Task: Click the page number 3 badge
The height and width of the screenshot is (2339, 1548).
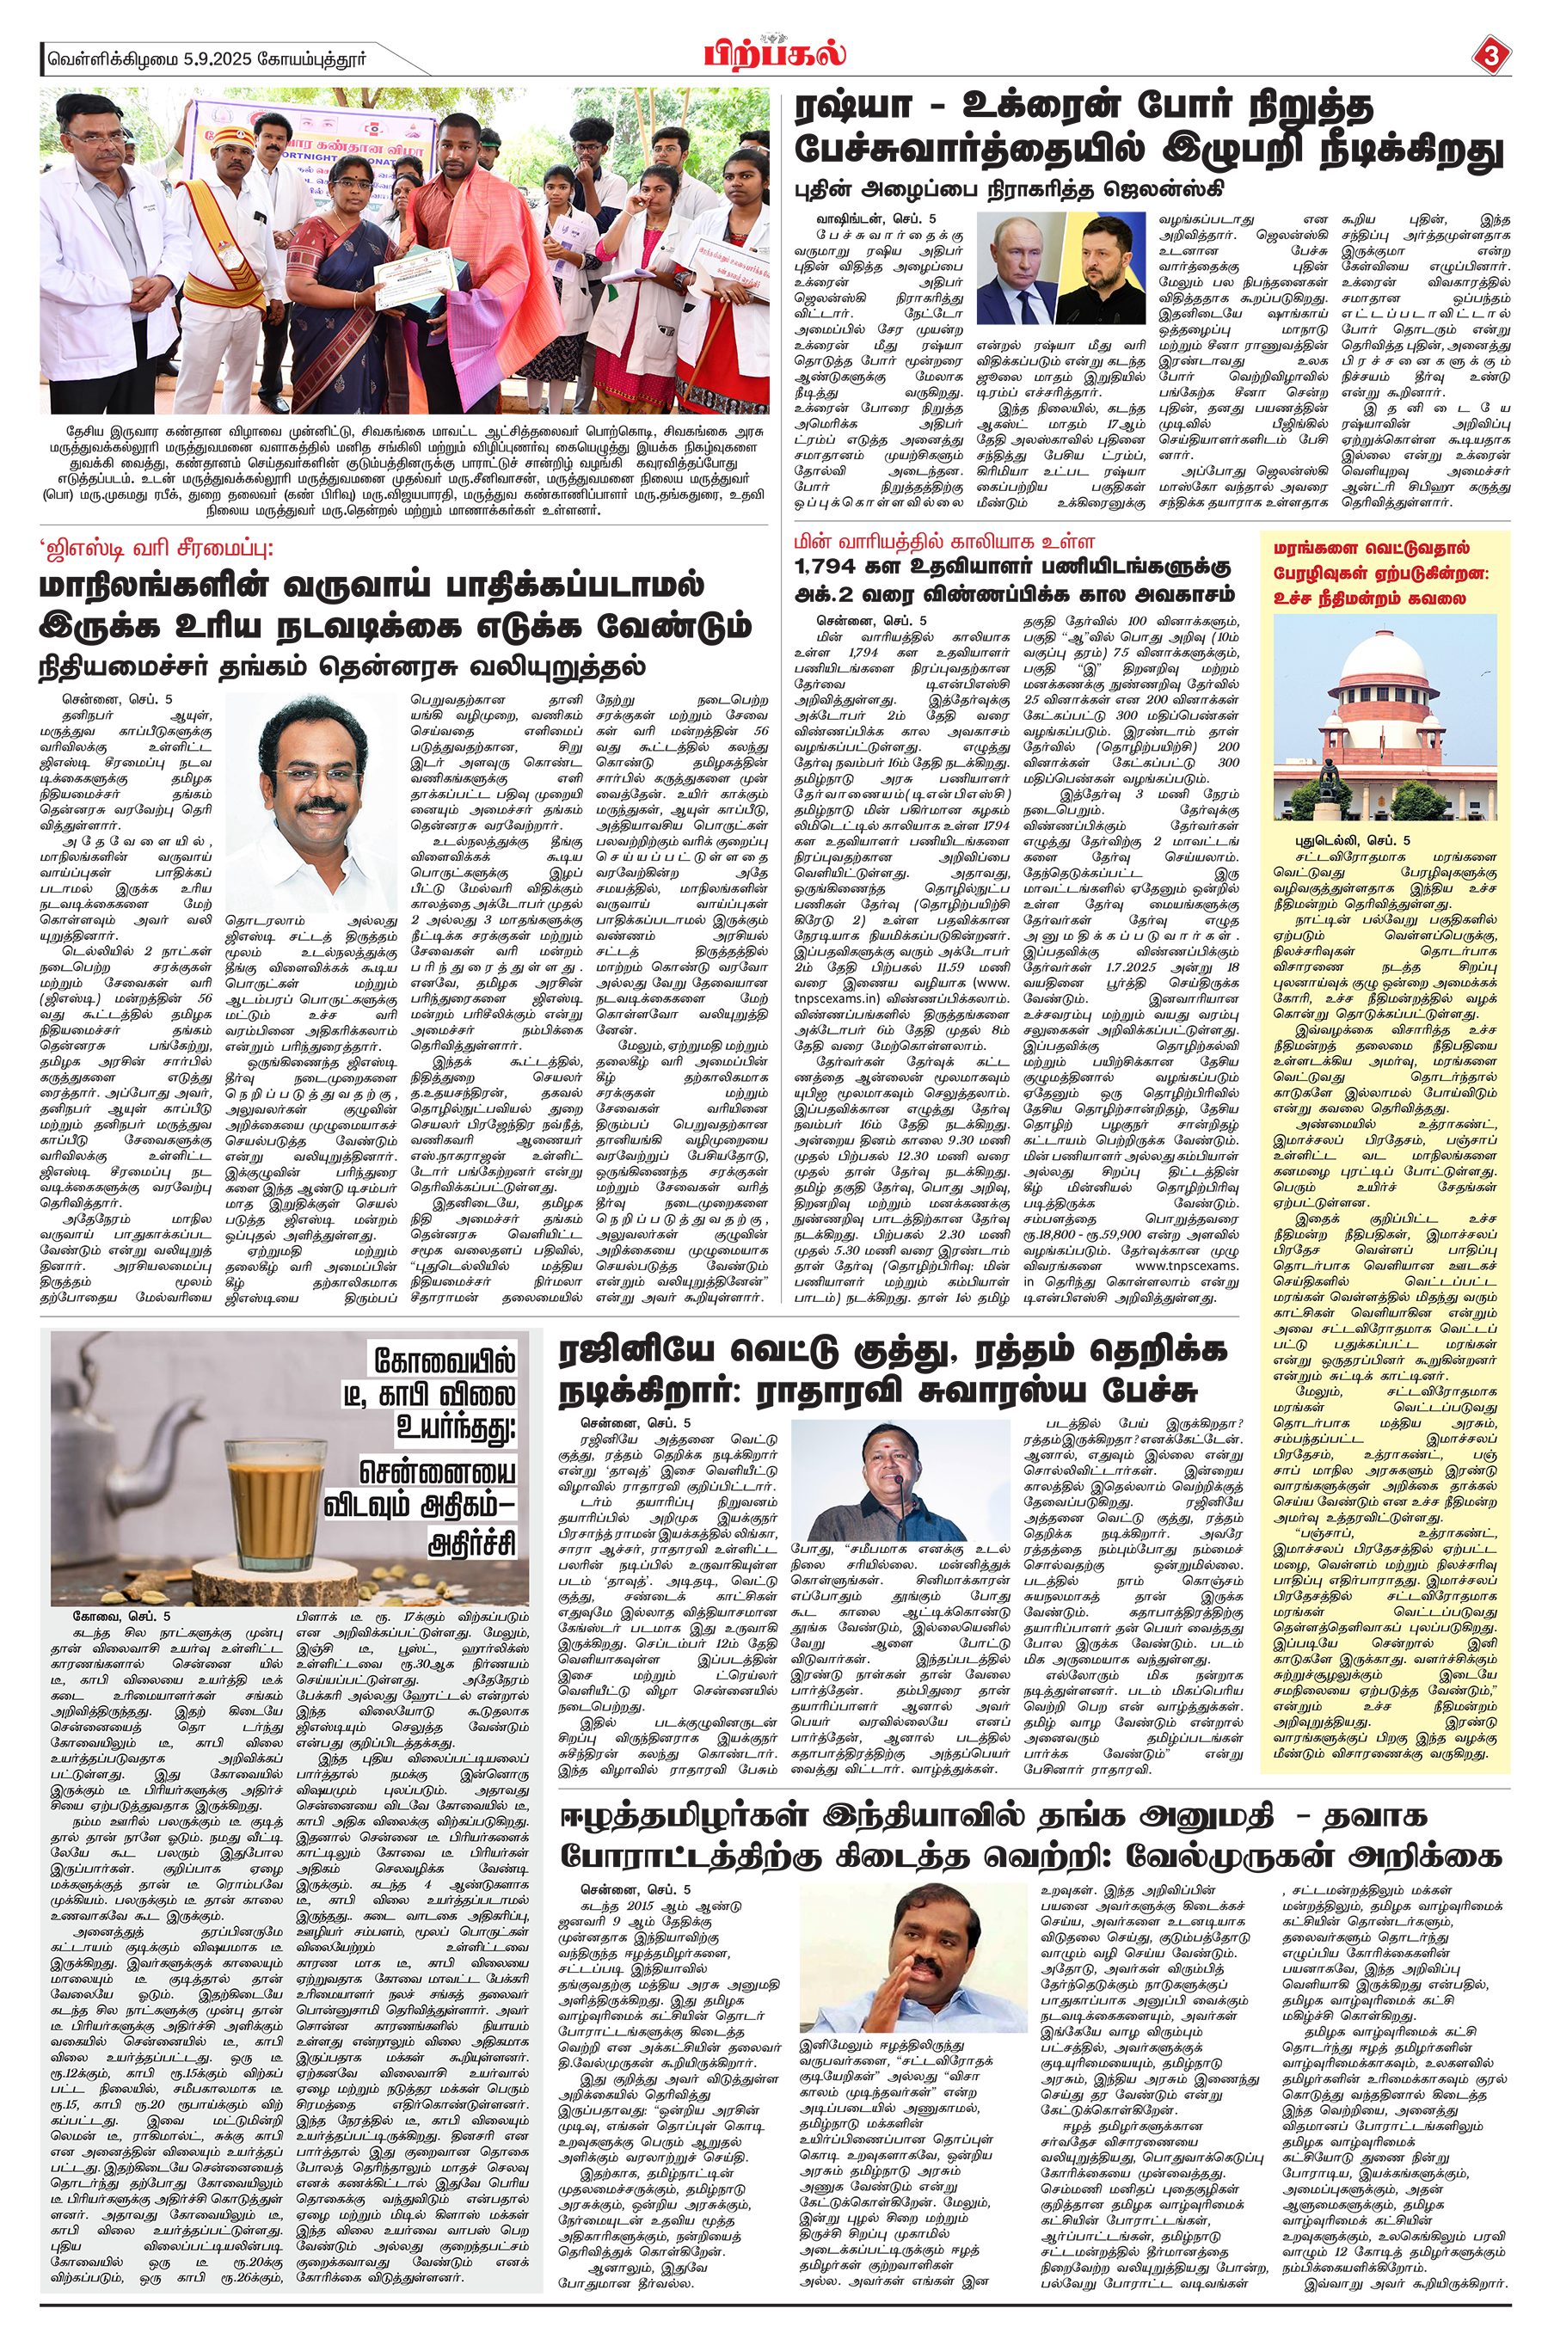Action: click(x=1490, y=56)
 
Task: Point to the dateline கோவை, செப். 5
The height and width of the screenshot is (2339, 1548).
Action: click(x=121, y=1616)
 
